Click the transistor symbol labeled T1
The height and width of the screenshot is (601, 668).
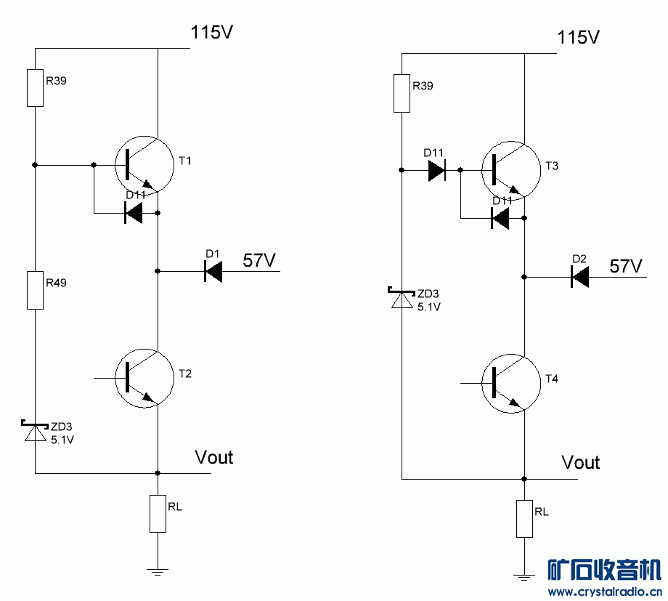point(144,166)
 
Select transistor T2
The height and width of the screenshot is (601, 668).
point(144,379)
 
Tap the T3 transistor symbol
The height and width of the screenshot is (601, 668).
point(511,172)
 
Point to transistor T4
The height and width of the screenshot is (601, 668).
point(511,384)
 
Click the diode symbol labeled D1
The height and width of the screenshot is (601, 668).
point(213,272)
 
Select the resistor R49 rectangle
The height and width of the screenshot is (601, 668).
point(35,290)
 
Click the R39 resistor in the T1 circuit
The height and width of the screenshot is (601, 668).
point(35,88)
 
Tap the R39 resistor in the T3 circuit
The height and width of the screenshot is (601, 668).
point(402,93)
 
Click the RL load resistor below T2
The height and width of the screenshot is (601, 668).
point(158,514)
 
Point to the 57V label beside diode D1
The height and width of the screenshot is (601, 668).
point(260,260)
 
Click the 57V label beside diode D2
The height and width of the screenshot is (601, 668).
point(627,266)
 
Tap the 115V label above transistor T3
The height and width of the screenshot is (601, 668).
point(579,37)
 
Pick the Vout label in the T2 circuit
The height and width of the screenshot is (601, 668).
point(214,457)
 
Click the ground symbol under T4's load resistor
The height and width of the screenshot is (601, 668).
point(524,577)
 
